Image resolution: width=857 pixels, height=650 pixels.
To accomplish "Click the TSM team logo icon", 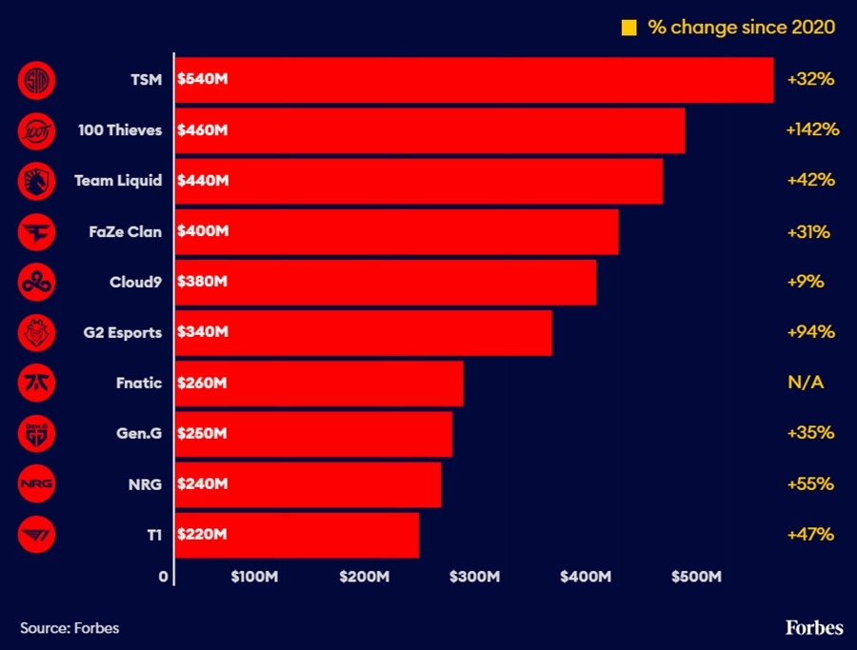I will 37,79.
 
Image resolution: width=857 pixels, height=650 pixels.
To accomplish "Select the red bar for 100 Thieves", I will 429,130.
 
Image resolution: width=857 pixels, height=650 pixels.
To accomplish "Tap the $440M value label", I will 203,181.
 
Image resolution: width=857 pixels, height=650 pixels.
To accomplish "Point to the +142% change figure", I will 812,129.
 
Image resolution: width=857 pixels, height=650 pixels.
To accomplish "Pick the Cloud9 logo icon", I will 37,282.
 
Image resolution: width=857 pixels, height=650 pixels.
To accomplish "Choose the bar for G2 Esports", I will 363,333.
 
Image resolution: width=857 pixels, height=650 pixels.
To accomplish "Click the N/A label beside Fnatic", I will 805,383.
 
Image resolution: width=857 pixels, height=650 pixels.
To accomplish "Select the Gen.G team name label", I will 138,433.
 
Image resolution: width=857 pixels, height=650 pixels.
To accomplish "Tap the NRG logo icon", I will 37,484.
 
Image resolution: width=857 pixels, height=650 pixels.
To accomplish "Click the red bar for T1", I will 296,535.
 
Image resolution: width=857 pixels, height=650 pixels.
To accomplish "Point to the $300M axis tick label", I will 473,577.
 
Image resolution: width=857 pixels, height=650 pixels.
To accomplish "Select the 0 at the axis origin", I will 164,577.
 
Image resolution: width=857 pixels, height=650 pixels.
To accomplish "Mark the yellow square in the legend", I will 628,28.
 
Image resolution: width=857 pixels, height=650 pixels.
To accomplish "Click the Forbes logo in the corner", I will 814,627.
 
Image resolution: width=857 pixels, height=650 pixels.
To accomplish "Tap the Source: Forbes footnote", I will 70,628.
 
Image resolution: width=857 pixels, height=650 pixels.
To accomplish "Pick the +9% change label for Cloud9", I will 806,282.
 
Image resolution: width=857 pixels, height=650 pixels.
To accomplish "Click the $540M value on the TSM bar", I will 203,79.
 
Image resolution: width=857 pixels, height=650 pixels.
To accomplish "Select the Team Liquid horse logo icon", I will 37,181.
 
